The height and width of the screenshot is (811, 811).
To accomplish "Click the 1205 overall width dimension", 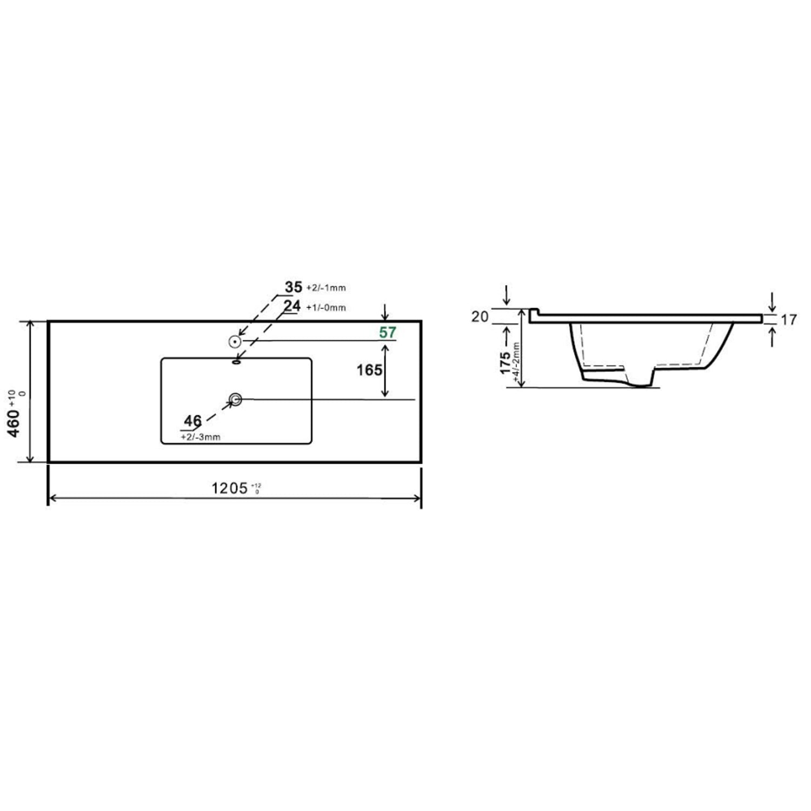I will tap(229, 488).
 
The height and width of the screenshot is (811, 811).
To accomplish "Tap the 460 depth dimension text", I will tap(14, 423).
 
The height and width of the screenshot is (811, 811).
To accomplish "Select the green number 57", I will tap(388, 333).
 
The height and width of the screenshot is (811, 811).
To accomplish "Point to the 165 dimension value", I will tap(369, 370).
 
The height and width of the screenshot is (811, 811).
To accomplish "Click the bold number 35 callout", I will tap(294, 287).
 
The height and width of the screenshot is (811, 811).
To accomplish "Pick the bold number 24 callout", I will tap(293, 306).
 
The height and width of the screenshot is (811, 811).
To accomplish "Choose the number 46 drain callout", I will tap(192, 421).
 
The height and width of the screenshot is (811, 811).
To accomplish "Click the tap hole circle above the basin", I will tap(235, 341).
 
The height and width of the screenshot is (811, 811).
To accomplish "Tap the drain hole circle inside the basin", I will tap(235, 400).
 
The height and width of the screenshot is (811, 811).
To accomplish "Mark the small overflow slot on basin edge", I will tap(236, 362).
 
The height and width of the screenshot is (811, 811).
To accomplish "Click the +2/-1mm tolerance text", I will tap(325, 288).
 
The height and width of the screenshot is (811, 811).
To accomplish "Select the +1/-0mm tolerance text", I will tap(325, 308).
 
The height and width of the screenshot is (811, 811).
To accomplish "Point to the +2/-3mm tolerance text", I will tap(201, 437).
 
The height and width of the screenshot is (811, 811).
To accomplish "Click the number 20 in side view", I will tap(480, 316).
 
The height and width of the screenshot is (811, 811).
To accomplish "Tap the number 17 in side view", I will tap(789, 320).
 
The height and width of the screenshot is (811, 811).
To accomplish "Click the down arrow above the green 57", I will tap(384, 311).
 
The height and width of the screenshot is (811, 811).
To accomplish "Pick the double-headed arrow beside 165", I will tap(385, 370).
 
